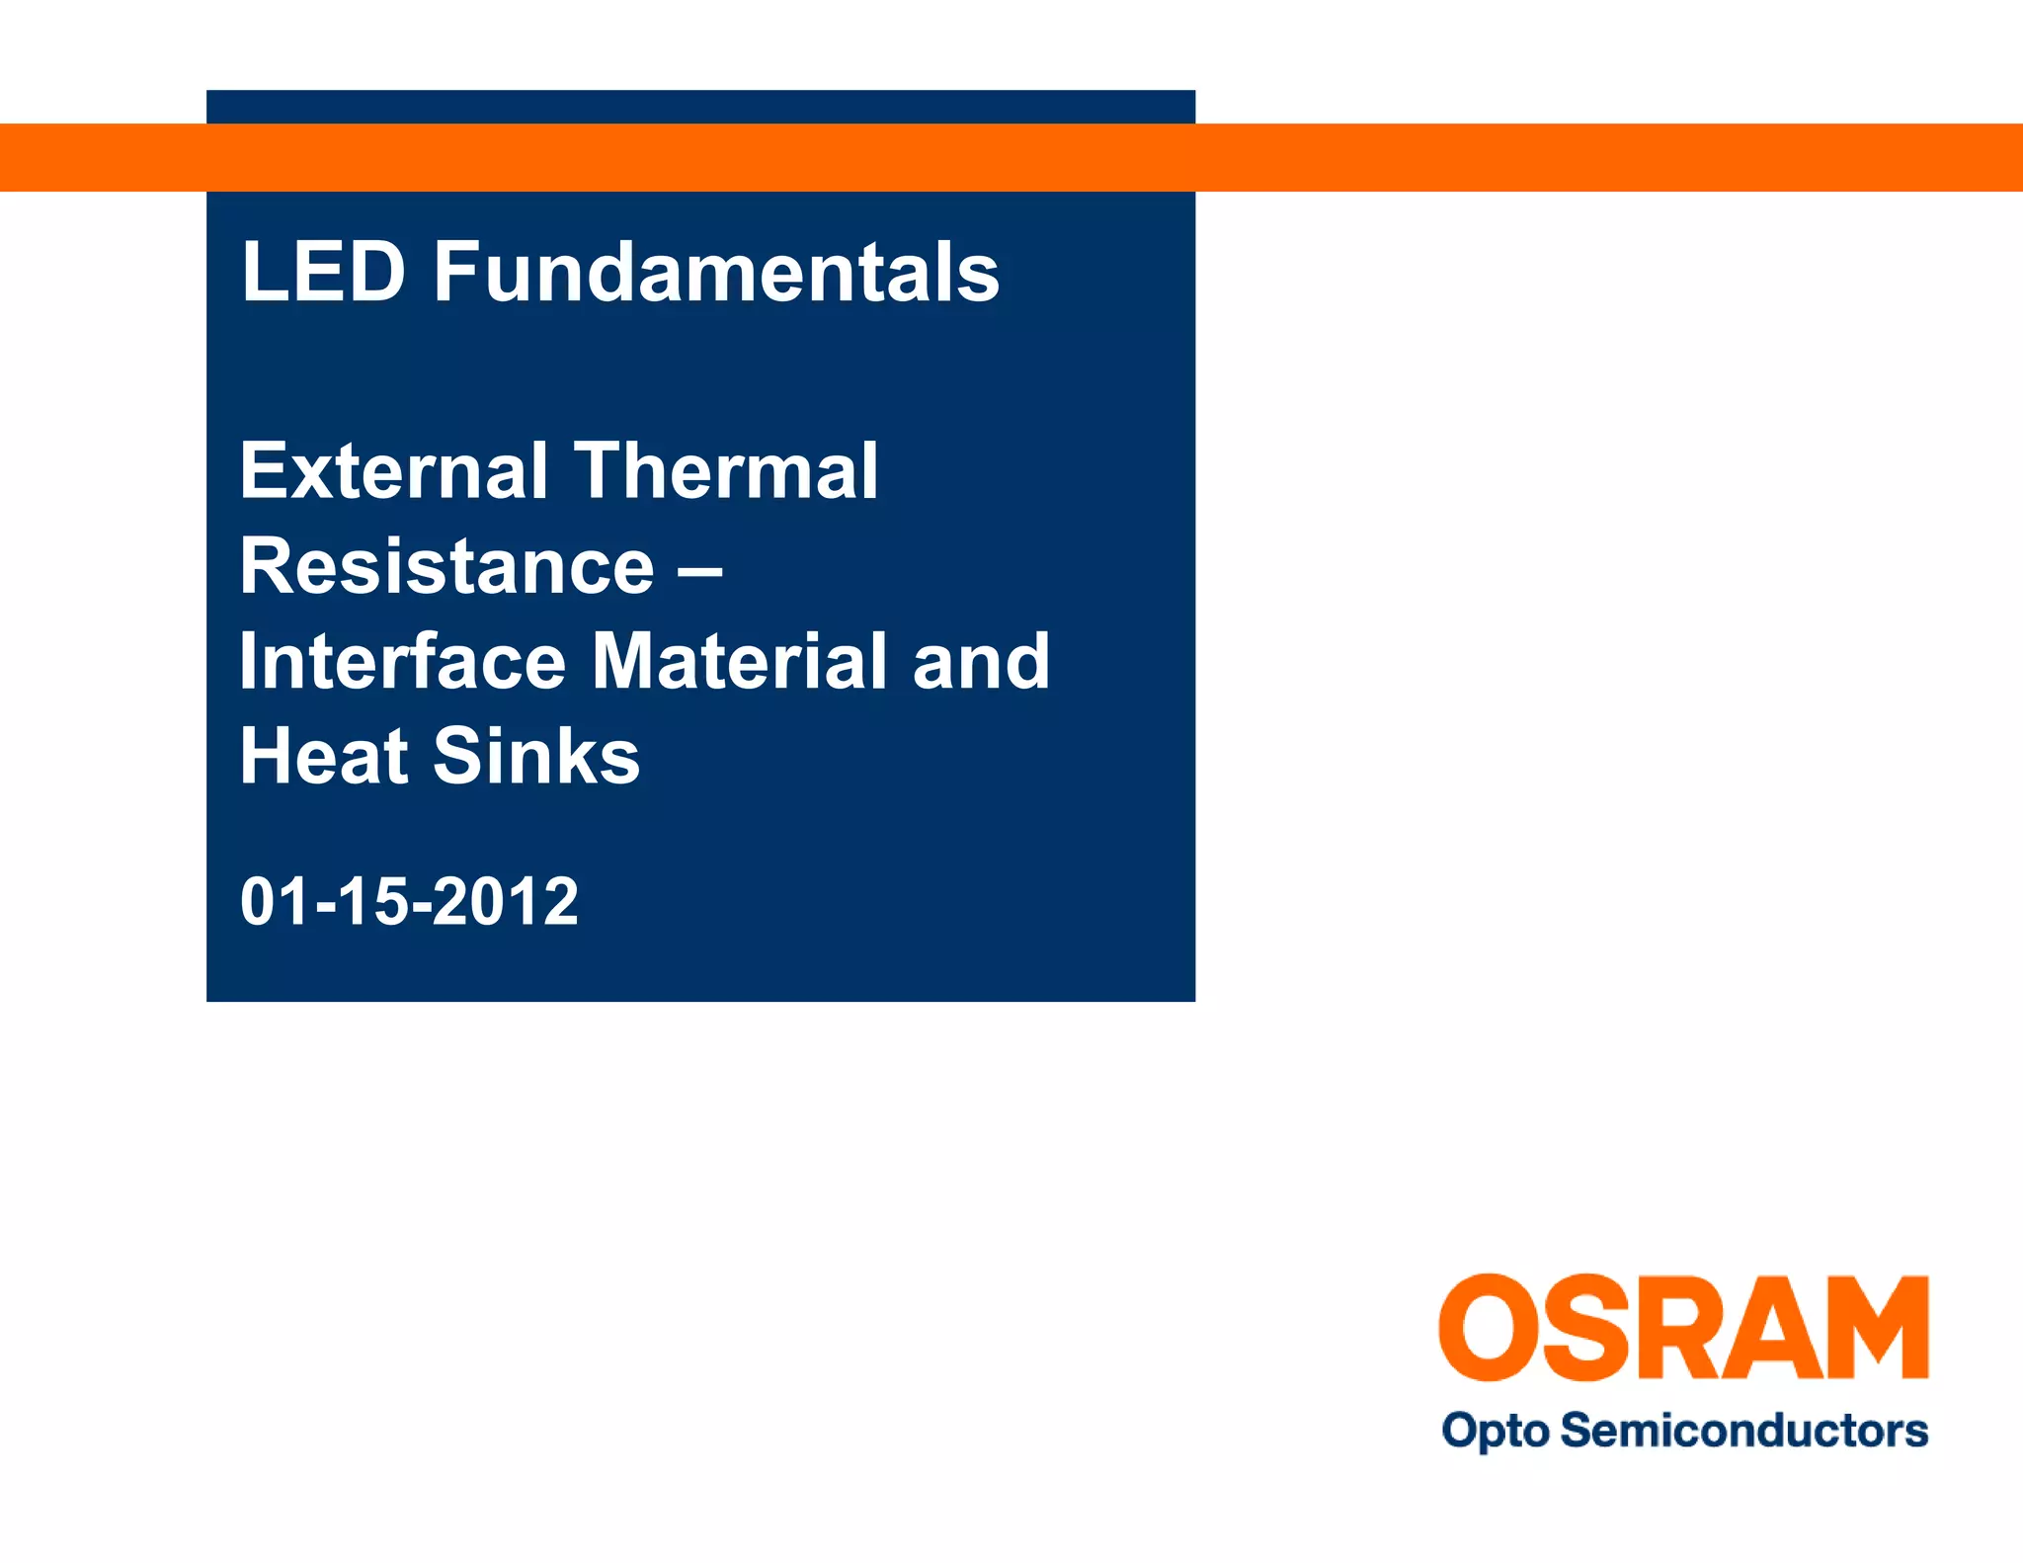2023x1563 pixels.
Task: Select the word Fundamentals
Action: coord(716,272)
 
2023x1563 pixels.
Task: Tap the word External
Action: coord(393,471)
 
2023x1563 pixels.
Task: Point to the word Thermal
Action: coord(726,471)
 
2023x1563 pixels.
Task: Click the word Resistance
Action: coord(446,567)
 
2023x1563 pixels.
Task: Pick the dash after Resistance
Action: coord(700,569)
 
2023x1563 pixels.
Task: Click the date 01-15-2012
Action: coord(409,901)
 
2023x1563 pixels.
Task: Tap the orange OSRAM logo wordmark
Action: coord(1683,1327)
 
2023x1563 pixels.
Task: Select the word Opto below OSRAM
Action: coord(1496,1431)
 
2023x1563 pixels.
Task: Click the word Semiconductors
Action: coord(1744,1430)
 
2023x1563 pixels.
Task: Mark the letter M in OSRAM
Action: coord(1872,1327)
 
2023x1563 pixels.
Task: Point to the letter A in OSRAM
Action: coord(1769,1327)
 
